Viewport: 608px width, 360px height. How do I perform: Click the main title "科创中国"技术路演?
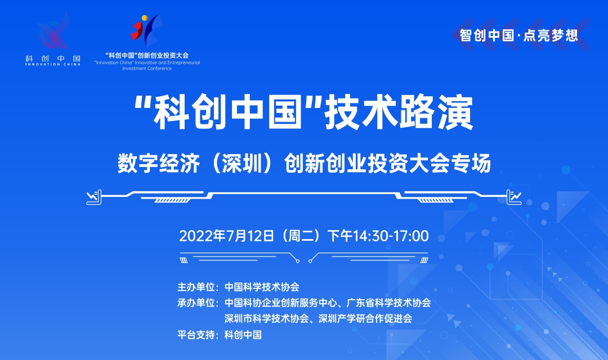point(303,112)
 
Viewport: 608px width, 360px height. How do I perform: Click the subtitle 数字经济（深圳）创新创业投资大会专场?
point(305,163)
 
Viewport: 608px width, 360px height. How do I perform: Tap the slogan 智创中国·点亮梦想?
point(519,35)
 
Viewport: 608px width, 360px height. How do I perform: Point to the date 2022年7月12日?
point(227,236)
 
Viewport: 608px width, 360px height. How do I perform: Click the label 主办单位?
point(196,287)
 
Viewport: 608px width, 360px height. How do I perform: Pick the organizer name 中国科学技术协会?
point(262,287)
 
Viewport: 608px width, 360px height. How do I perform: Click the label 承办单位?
point(196,303)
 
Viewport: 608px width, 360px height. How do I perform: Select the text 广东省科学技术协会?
point(389,303)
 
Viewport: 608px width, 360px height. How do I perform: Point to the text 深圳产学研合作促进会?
point(365,318)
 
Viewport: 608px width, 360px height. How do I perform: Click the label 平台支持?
point(196,335)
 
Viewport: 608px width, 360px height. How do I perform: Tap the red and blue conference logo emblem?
point(146,30)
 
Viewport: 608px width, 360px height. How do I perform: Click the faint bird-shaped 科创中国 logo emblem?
point(54,31)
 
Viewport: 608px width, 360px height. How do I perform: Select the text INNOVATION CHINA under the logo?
point(53,64)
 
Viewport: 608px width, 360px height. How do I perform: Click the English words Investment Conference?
point(147,69)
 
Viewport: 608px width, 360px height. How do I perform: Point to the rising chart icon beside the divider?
point(514,197)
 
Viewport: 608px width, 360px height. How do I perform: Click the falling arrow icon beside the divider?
point(94,197)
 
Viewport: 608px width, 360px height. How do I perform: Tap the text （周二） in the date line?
point(301,236)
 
